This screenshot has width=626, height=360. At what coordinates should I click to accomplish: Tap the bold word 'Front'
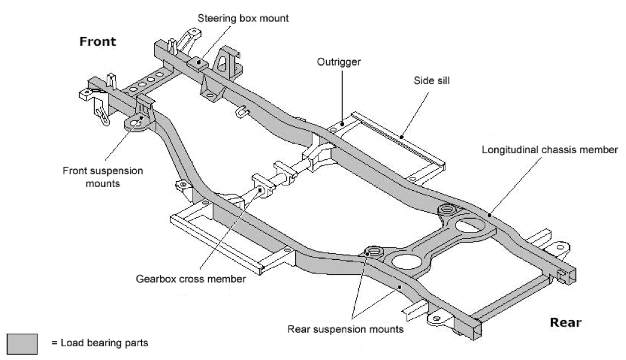click(x=98, y=42)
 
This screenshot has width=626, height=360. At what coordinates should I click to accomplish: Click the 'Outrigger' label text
click(x=341, y=61)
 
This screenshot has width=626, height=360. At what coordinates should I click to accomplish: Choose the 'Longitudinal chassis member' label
click(x=550, y=150)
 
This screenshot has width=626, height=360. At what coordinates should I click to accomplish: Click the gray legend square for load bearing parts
click(x=23, y=343)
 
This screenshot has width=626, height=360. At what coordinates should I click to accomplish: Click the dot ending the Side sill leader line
click(x=402, y=136)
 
